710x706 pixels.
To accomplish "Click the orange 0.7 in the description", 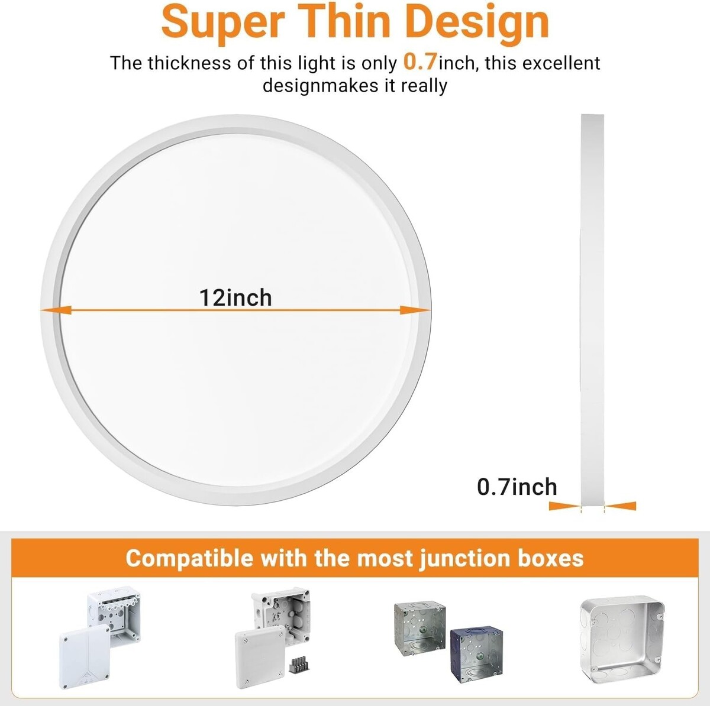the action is [421, 61].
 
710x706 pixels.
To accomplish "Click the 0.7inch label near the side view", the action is [517, 487].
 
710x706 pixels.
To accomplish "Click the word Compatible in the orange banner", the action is [189, 559].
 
